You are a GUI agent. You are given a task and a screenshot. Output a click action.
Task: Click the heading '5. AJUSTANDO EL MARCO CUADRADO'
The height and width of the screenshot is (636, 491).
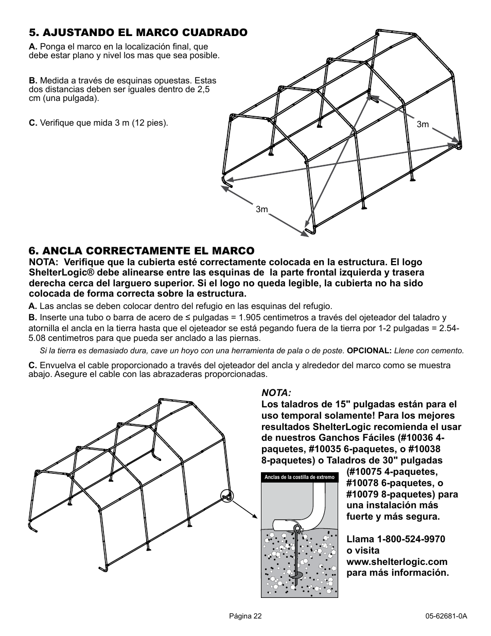click(138, 32)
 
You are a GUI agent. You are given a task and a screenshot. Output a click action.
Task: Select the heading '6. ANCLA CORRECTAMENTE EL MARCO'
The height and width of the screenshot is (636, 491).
click(142, 251)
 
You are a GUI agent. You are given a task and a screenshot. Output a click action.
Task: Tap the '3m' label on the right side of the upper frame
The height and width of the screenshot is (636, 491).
click(423, 125)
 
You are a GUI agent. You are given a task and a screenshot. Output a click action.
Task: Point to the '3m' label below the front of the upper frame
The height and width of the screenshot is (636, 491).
click(262, 209)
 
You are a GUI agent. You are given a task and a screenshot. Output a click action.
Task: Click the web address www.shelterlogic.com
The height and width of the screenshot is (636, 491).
click(396, 562)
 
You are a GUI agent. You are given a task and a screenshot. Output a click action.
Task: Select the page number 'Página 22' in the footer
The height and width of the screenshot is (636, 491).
click(246, 616)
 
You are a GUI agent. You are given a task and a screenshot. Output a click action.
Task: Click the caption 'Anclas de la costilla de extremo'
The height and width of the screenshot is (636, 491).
click(300, 477)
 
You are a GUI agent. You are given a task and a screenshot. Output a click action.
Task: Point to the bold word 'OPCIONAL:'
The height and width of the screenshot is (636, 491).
click(369, 351)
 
